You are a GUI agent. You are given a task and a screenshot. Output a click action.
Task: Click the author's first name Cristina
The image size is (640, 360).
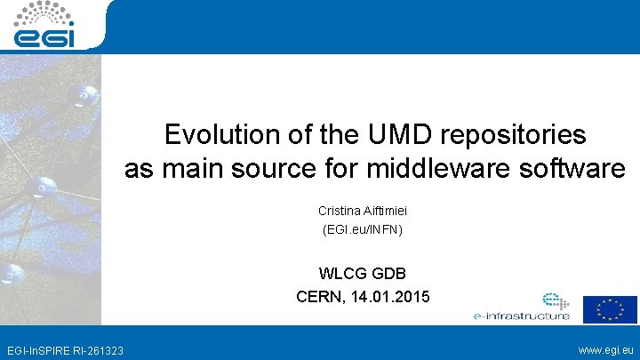pos(339,211)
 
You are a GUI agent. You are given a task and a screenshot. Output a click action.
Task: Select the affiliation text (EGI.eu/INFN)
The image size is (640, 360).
pos(362,230)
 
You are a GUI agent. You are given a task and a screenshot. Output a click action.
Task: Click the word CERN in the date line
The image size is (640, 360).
pos(319,296)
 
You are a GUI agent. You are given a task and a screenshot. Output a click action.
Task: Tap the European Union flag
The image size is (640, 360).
pos(610,308)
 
